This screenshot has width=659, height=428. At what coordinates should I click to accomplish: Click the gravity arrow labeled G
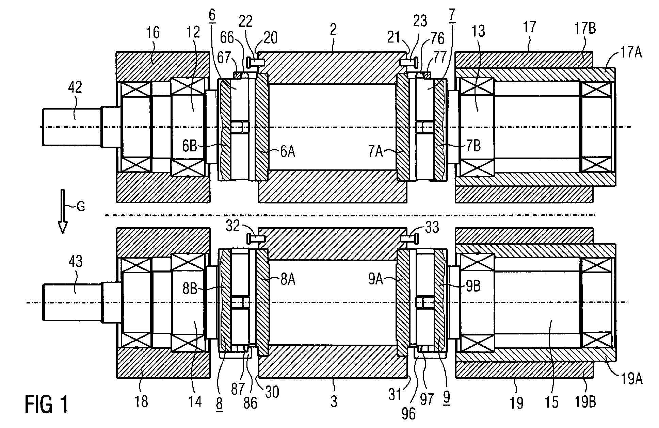click(63, 212)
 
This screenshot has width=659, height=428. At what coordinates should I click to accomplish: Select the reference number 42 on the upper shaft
click(75, 87)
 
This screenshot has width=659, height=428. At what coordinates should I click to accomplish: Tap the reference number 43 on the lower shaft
click(75, 262)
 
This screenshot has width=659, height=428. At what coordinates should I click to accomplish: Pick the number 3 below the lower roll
click(334, 401)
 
